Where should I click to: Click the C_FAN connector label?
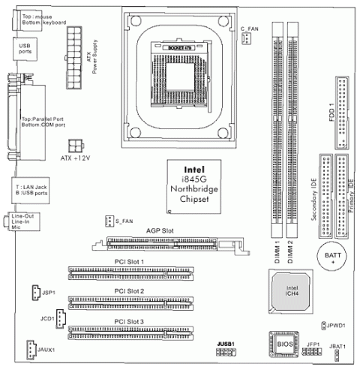250,29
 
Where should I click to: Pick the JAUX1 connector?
28,349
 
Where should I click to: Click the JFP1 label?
313,343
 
